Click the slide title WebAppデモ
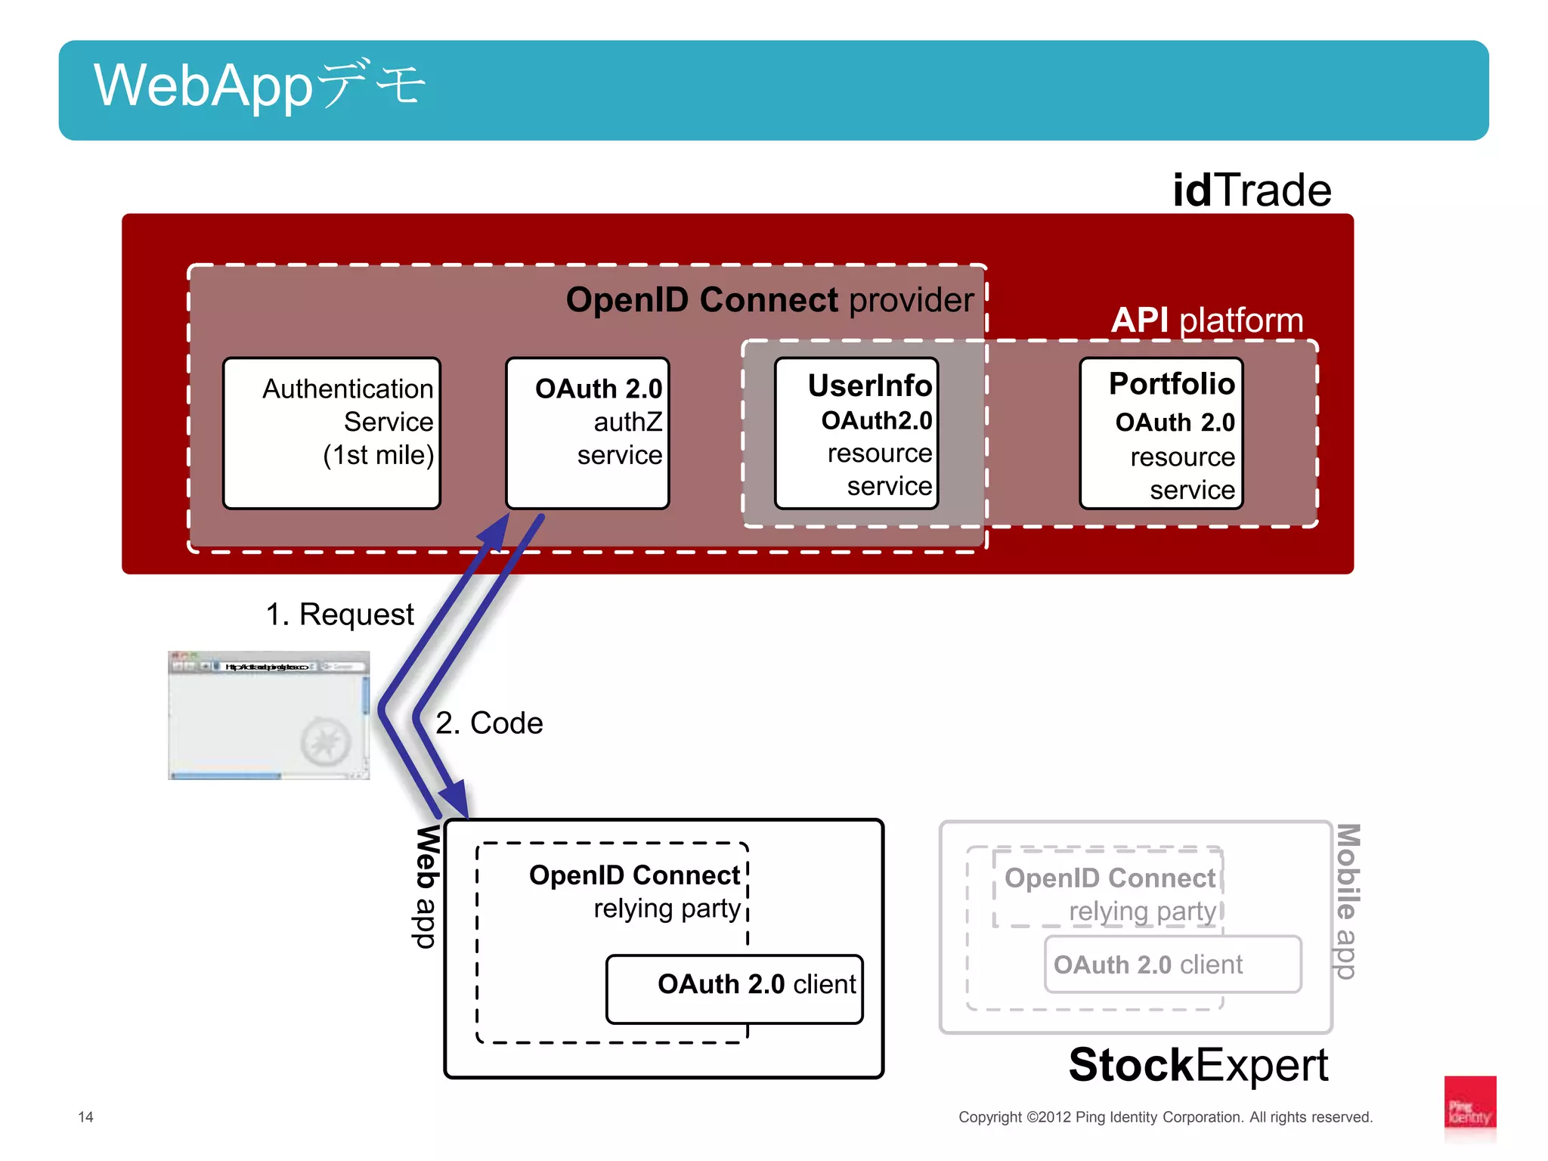click(260, 85)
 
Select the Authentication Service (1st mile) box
click(332, 432)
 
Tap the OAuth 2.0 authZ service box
click(587, 432)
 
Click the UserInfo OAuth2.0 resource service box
click(856, 432)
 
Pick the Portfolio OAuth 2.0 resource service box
click(1161, 432)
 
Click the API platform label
click(1206, 320)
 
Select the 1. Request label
click(339, 615)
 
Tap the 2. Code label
click(489, 723)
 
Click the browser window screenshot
click(268, 715)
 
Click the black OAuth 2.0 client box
click(734, 989)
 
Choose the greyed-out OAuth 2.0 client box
click(1172, 964)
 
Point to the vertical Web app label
click(427, 886)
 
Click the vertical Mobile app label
click(1347, 901)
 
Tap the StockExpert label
click(1198, 1065)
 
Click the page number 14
click(85, 1116)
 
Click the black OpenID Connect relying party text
click(635, 891)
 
